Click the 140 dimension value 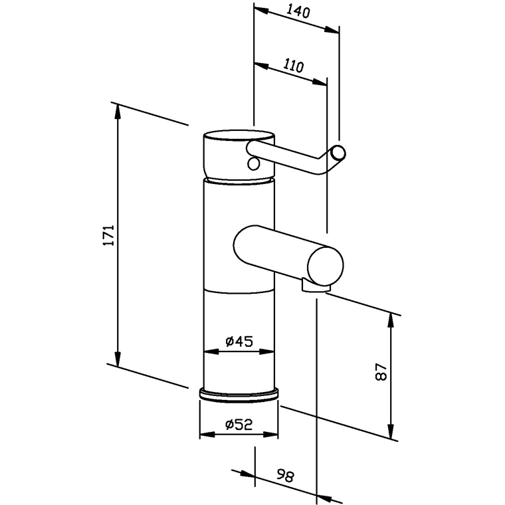point(298,12)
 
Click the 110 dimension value point(294,66)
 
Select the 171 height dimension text point(109,235)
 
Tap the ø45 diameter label point(239,341)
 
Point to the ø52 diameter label point(239,425)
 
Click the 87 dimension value point(381,372)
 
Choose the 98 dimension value point(285,476)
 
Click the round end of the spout point(326,265)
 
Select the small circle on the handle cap point(253,164)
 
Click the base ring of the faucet point(239,395)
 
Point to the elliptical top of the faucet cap point(239,136)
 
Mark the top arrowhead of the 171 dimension point(118,112)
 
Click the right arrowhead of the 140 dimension point(332,30)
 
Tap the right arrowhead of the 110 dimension point(320,82)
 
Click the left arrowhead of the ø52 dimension point(207,435)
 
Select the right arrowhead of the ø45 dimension point(266,352)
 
